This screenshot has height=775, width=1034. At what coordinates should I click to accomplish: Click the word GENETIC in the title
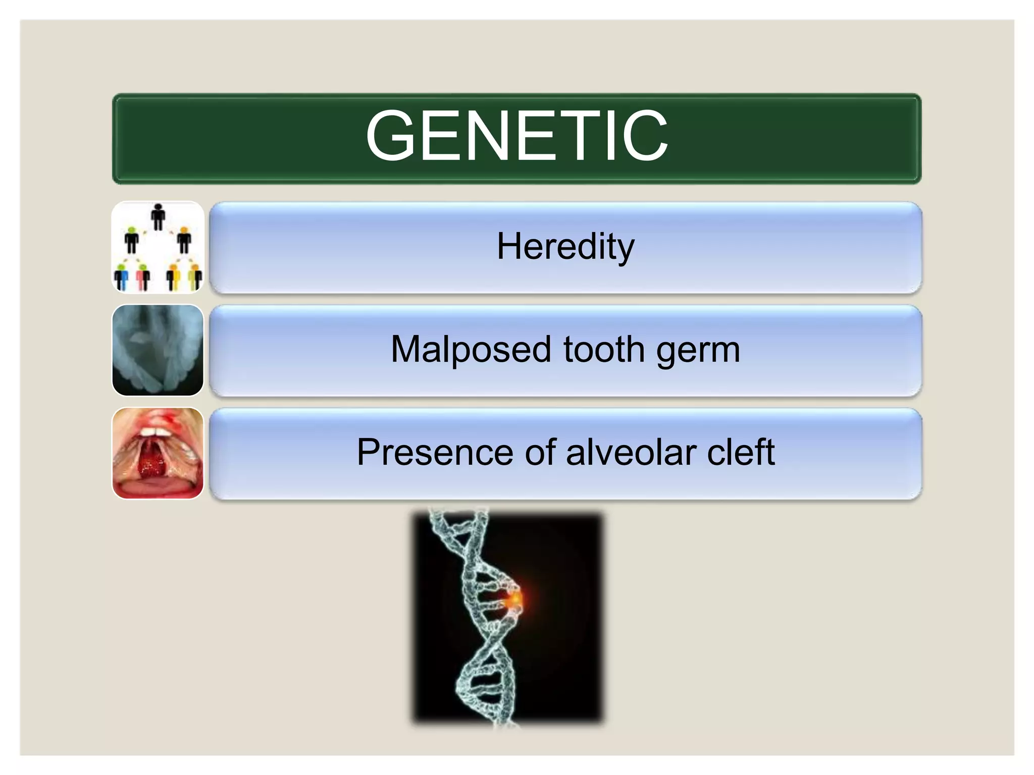[x=516, y=136]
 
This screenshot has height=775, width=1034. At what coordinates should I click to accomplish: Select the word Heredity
[x=565, y=247]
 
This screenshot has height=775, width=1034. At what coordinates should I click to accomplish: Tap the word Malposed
[x=471, y=349]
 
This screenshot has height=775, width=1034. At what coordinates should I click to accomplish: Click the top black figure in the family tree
[x=158, y=216]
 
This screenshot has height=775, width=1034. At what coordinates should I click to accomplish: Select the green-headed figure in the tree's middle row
[x=132, y=240]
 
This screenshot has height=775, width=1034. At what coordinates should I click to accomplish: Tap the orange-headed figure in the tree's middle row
[x=184, y=240]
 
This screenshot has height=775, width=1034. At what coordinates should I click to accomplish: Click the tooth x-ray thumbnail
[x=158, y=350]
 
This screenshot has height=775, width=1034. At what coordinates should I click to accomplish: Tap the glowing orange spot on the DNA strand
[x=514, y=599]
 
